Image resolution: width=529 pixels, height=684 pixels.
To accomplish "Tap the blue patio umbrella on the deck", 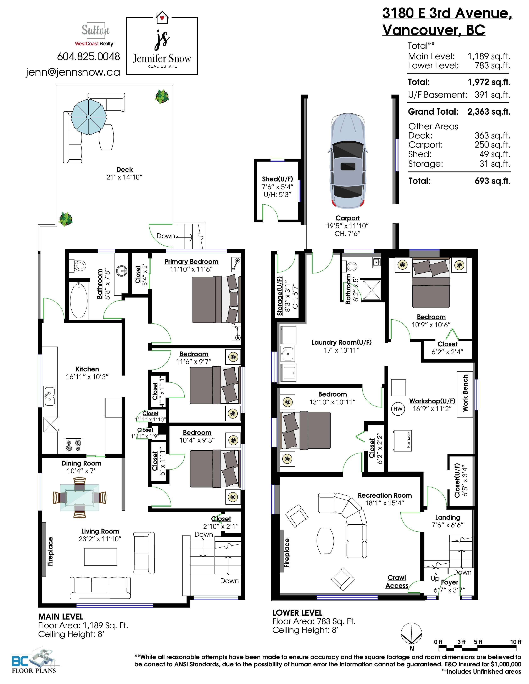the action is (x=89, y=117).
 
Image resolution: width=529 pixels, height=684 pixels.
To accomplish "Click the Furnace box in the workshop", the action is (x=403, y=440).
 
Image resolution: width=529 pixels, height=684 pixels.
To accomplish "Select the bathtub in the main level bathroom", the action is (x=79, y=300).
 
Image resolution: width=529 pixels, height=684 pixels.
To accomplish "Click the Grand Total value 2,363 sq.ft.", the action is (x=489, y=112).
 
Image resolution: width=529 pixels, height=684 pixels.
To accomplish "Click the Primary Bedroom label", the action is (x=191, y=262).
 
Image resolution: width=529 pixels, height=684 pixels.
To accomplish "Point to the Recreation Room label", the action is (x=385, y=495).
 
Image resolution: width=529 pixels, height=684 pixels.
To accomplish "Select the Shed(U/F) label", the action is (x=278, y=179).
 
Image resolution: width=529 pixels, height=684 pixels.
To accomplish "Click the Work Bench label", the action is (x=465, y=393).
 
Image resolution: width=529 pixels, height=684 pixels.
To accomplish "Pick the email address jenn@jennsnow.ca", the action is (x=73, y=72).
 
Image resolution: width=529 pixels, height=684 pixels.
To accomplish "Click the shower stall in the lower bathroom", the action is (x=372, y=290).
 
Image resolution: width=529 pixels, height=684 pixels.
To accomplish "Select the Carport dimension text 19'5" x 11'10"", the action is (x=347, y=226).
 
